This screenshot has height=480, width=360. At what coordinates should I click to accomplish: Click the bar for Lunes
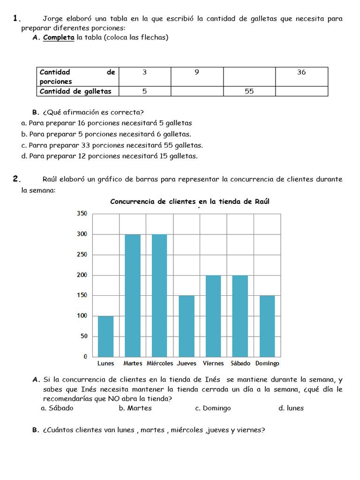pyautogui.click(x=105, y=336)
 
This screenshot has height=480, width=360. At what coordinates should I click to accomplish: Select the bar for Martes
pyautogui.click(x=133, y=295)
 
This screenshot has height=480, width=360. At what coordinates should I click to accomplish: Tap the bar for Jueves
pyautogui.click(x=187, y=326)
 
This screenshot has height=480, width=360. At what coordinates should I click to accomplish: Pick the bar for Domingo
pyautogui.click(x=267, y=326)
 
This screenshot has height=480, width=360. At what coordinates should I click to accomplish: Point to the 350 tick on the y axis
pyautogui.click(x=82, y=214)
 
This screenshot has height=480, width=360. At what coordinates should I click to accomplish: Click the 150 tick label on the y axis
pyautogui.click(x=82, y=295)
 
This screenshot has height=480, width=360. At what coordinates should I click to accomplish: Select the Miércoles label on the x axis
pyautogui.click(x=160, y=363)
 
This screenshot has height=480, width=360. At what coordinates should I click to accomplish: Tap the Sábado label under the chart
pyautogui.click(x=240, y=363)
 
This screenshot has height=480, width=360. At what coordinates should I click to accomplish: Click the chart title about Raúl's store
pyautogui.click(x=189, y=202)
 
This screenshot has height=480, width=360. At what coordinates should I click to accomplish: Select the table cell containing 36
pyautogui.click(x=301, y=72)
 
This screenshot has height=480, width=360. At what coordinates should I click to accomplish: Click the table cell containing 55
pyautogui.click(x=249, y=91)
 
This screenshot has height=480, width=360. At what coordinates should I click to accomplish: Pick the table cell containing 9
pyautogui.click(x=197, y=72)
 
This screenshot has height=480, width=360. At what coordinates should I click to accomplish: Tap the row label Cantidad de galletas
pyautogui.click(x=75, y=91)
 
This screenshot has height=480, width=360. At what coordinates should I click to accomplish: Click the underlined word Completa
pyautogui.click(x=59, y=37)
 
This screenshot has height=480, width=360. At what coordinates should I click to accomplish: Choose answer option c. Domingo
pyautogui.click(x=213, y=408)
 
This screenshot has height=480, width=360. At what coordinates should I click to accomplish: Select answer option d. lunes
pyautogui.click(x=291, y=408)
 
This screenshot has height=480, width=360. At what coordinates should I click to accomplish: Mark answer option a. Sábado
pyautogui.click(x=57, y=408)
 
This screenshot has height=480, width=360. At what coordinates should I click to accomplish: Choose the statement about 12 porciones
pyautogui.click(x=110, y=156)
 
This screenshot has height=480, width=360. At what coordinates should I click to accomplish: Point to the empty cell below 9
pyautogui.click(x=197, y=91)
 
